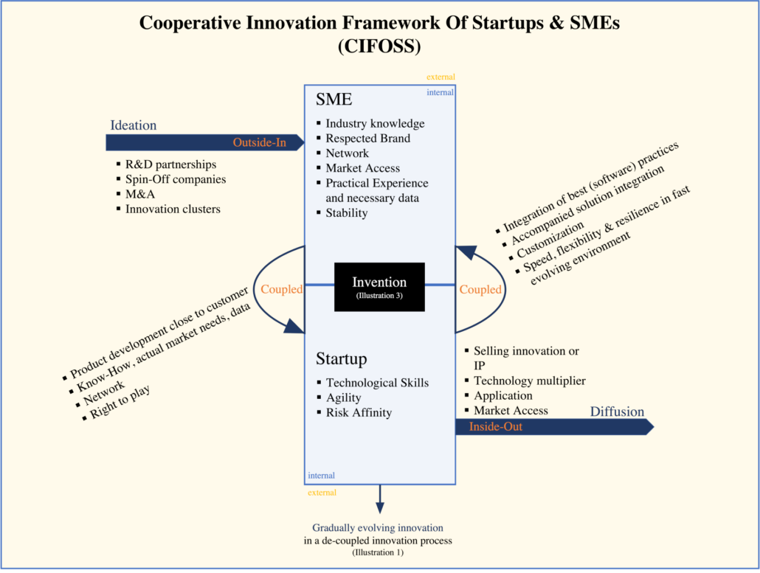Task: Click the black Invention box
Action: point(379,285)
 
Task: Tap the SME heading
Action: point(334,100)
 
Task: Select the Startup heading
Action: point(341,359)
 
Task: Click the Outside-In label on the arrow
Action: point(259,142)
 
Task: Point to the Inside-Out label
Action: point(495,426)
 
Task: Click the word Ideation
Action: point(133,125)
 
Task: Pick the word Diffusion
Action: point(617,411)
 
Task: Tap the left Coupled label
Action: point(281,290)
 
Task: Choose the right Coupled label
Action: point(480,290)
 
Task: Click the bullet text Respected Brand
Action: point(367,138)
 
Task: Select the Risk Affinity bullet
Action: point(359,413)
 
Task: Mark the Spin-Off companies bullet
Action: point(175,179)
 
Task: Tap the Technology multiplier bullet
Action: point(529,381)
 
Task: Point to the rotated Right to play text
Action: point(120,402)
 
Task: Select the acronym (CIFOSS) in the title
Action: point(379,46)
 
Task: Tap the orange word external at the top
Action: point(441,77)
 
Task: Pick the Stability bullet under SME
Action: point(346,213)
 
